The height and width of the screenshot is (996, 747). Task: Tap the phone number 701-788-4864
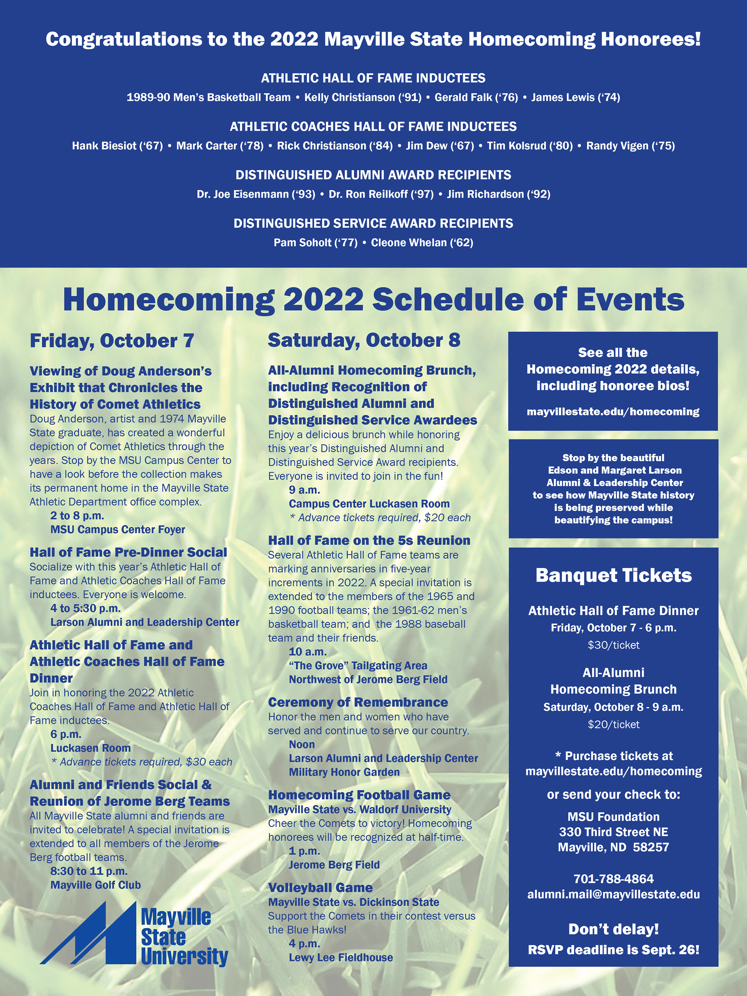[613, 879]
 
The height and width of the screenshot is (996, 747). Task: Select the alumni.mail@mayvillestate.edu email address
[613, 894]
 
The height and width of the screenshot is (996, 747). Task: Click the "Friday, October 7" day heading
[112, 341]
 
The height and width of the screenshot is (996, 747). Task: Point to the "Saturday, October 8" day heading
[364, 340]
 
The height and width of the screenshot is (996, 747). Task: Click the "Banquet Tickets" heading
[613, 576]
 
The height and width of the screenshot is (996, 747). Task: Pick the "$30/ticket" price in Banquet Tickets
[613, 645]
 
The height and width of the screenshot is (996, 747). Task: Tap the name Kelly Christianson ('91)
[362, 97]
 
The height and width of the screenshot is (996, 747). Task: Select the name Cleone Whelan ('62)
[422, 243]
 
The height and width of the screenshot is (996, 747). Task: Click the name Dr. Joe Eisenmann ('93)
[256, 194]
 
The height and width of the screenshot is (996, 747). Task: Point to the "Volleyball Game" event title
[320, 888]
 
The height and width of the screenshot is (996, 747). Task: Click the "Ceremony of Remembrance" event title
[358, 702]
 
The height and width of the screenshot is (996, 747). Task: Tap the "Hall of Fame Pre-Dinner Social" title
[128, 552]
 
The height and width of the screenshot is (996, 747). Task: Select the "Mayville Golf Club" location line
[95, 885]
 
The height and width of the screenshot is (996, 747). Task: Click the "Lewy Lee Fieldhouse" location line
[341, 957]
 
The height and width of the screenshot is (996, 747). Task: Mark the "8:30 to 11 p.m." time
[89, 871]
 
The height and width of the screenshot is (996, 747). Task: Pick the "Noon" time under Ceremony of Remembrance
[302, 744]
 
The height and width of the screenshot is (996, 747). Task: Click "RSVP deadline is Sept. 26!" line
[613, 950]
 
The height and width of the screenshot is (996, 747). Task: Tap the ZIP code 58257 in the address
[651, 847]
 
